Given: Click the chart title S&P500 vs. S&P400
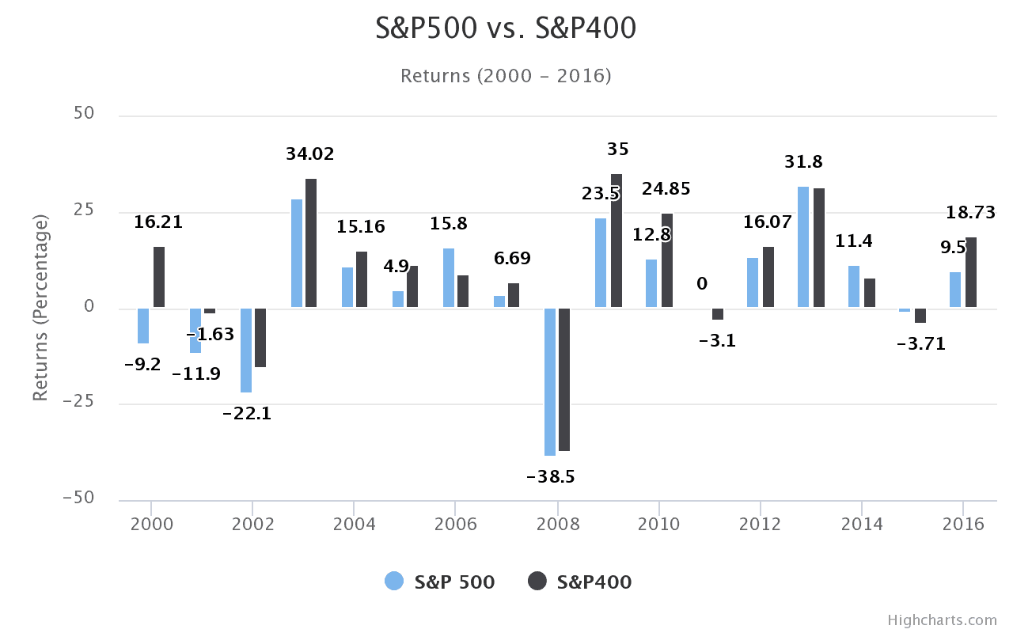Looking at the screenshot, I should [506, 29].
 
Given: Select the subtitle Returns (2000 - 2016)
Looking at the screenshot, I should [506, 76].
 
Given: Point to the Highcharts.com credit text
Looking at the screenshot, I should [942, 620].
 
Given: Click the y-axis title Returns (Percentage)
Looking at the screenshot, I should [41, 307].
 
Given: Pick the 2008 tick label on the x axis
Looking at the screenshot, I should [557, 524].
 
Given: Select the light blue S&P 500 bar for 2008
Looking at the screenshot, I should [550, 381].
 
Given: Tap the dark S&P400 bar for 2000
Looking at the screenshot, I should [159, 277].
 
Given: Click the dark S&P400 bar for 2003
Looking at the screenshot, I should [311, 243].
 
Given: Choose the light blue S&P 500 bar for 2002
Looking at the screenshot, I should [246, 350].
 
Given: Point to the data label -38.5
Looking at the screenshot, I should [550, 477].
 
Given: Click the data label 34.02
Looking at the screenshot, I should [310, 154].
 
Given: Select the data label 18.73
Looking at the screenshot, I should [970, 213].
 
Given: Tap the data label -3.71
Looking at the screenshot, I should [920, 344].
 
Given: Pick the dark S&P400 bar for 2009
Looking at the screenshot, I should [617, 241].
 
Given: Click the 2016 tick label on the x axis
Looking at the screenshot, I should [963, 524].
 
